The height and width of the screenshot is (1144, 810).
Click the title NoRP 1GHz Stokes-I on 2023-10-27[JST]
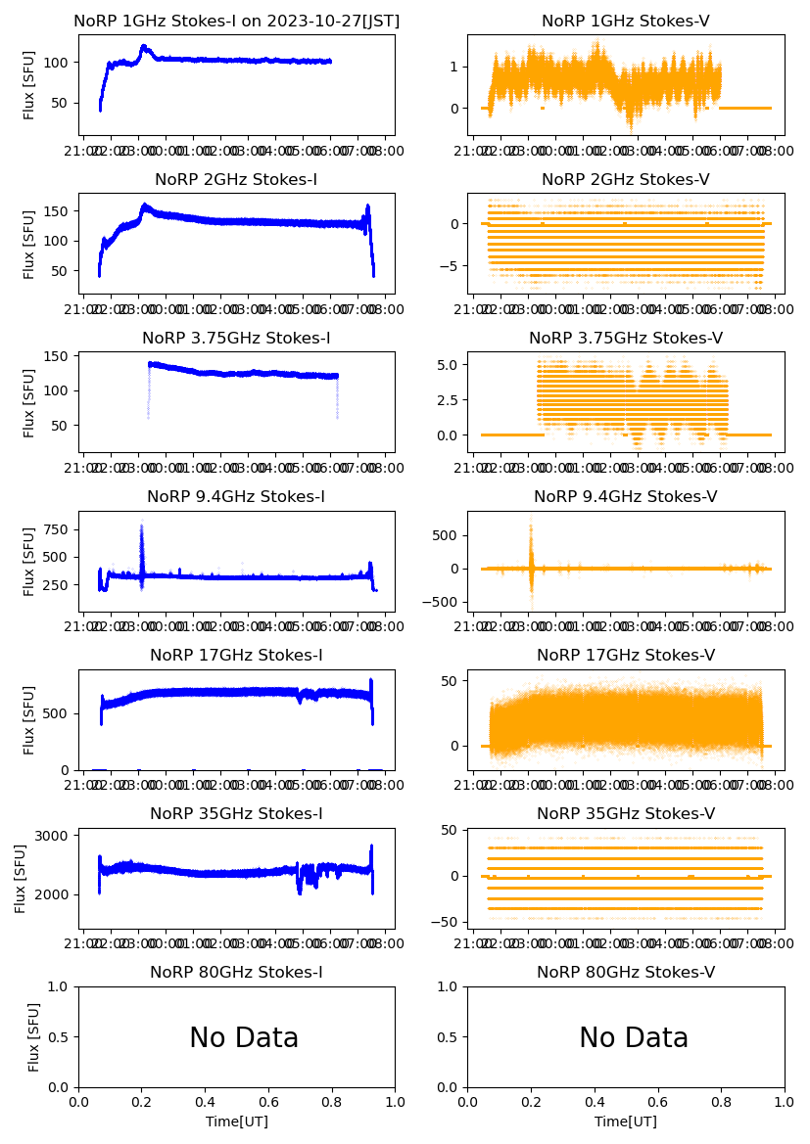pyautogui.click(x=236, y=21)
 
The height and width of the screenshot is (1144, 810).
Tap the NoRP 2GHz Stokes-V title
pyautogui.click(x=625, y=179)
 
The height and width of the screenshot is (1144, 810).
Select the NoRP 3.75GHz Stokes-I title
pyautogui.click(x=236, y=338)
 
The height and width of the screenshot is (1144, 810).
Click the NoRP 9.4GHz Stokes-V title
pyautogui.click(x=625, y=496)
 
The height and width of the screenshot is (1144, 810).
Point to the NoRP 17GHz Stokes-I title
pyautogui.click(x=236, y=655)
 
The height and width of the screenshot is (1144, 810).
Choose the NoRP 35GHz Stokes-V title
pyautogui.click(x=625, y=813)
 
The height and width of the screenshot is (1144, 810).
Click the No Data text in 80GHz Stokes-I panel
pyautogui.click(x=244, y=1038)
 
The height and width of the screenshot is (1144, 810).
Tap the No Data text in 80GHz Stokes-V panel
pyautogui.click(x=634, y=1038)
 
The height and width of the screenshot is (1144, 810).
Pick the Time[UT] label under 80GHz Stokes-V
pyautogui.click(x=625, y=1121)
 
